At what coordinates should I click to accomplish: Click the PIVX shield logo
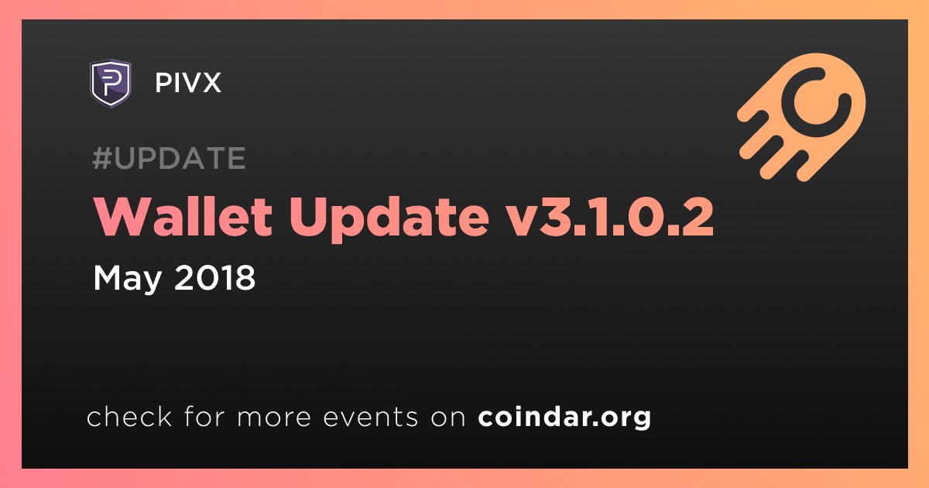[x=111, y=83]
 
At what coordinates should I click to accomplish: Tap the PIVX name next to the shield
[x=188, y=83]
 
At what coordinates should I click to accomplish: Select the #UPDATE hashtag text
[x=170, y=158]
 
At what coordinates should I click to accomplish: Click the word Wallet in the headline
[x=183, y=216]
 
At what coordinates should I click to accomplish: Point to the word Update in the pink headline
[x=389, y=218]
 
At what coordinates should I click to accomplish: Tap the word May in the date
[x=127, y=279]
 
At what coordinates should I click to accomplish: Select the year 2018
[x=215, y=277]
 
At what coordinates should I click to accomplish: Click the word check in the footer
[x=129, y=416]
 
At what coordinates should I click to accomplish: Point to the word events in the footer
[x=371, y=417]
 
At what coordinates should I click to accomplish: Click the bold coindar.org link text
[x=564, y=417]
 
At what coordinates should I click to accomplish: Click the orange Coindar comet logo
[x=801, y=117]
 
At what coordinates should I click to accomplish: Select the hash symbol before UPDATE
[x=102, y=158]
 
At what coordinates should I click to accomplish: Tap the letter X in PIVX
[x=211, y=83]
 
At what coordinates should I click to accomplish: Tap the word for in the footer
[x=204, y=416]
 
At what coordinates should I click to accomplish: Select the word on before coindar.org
[x=448, y=418]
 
